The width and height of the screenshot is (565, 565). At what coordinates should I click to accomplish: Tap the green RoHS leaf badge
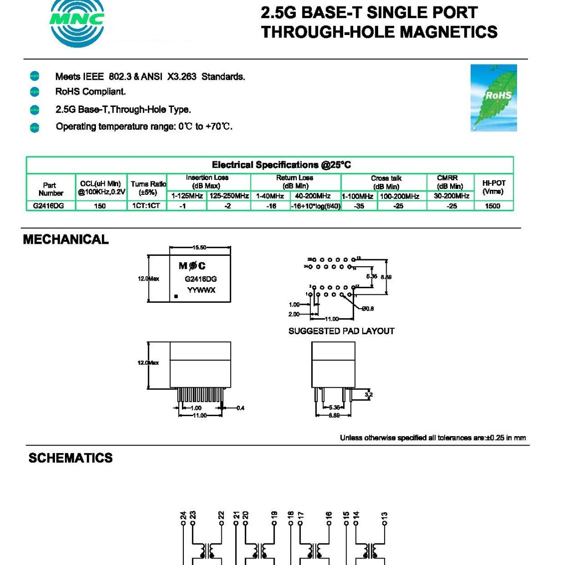(494, 98)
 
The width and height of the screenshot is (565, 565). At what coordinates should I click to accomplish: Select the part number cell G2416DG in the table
(49, 206)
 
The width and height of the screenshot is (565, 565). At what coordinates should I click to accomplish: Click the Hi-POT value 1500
(493, 206)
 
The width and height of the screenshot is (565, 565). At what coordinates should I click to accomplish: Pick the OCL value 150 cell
(100, 206)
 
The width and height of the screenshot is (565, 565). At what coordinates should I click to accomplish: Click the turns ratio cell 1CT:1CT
(146, 206)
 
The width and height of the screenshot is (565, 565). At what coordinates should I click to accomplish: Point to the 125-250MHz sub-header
(229, 196)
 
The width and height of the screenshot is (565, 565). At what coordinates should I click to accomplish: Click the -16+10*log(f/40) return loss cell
(316, 206)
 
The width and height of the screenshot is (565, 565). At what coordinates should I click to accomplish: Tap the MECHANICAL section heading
(66, 240)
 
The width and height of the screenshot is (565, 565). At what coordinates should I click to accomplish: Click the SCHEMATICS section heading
(70, 458)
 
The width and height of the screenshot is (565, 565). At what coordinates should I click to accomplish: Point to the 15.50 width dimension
(199, 247)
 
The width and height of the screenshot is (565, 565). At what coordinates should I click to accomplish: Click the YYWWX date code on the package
(201, 290)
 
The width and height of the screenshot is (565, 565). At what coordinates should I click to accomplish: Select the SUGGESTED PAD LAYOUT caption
(341, 331)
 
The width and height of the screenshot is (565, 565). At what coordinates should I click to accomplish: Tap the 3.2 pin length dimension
(369, 395)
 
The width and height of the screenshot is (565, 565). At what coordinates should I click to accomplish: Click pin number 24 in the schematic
(183, 515)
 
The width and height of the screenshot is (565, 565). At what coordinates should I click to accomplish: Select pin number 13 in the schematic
(384, 515)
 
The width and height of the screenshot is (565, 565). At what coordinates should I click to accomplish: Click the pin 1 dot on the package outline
(176, 297)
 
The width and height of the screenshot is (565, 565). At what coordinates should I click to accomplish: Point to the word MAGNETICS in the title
(449, 32)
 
